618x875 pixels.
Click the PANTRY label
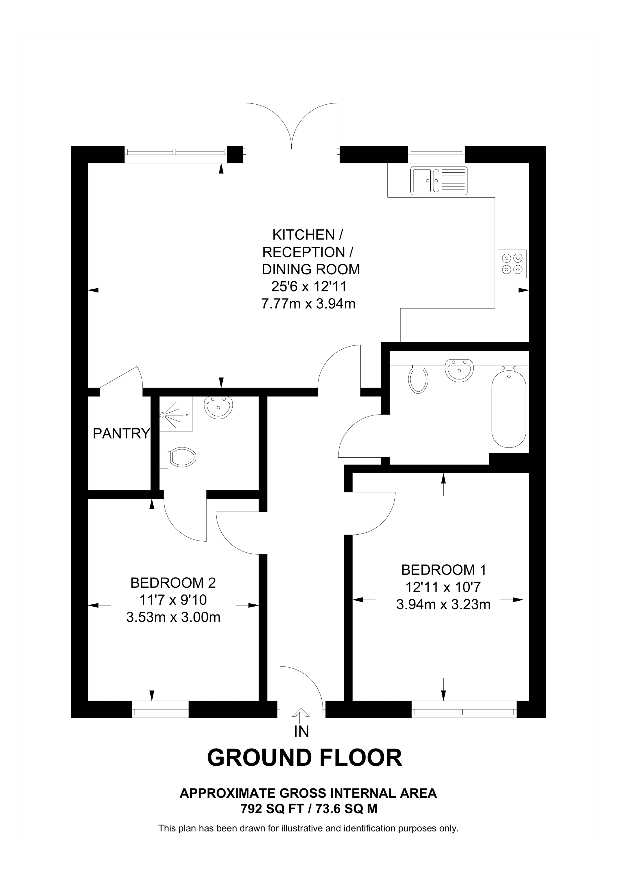click(121, 433)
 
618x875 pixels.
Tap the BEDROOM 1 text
click(444, 570)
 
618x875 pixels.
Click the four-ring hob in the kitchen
click(512, 264)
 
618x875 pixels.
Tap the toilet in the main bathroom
click(418, 379)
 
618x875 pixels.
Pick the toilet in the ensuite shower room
click(181, 457)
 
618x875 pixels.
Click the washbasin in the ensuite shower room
click(218, 407)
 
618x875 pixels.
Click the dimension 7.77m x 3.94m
click(308, 304)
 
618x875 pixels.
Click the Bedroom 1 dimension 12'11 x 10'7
click(443, 587)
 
